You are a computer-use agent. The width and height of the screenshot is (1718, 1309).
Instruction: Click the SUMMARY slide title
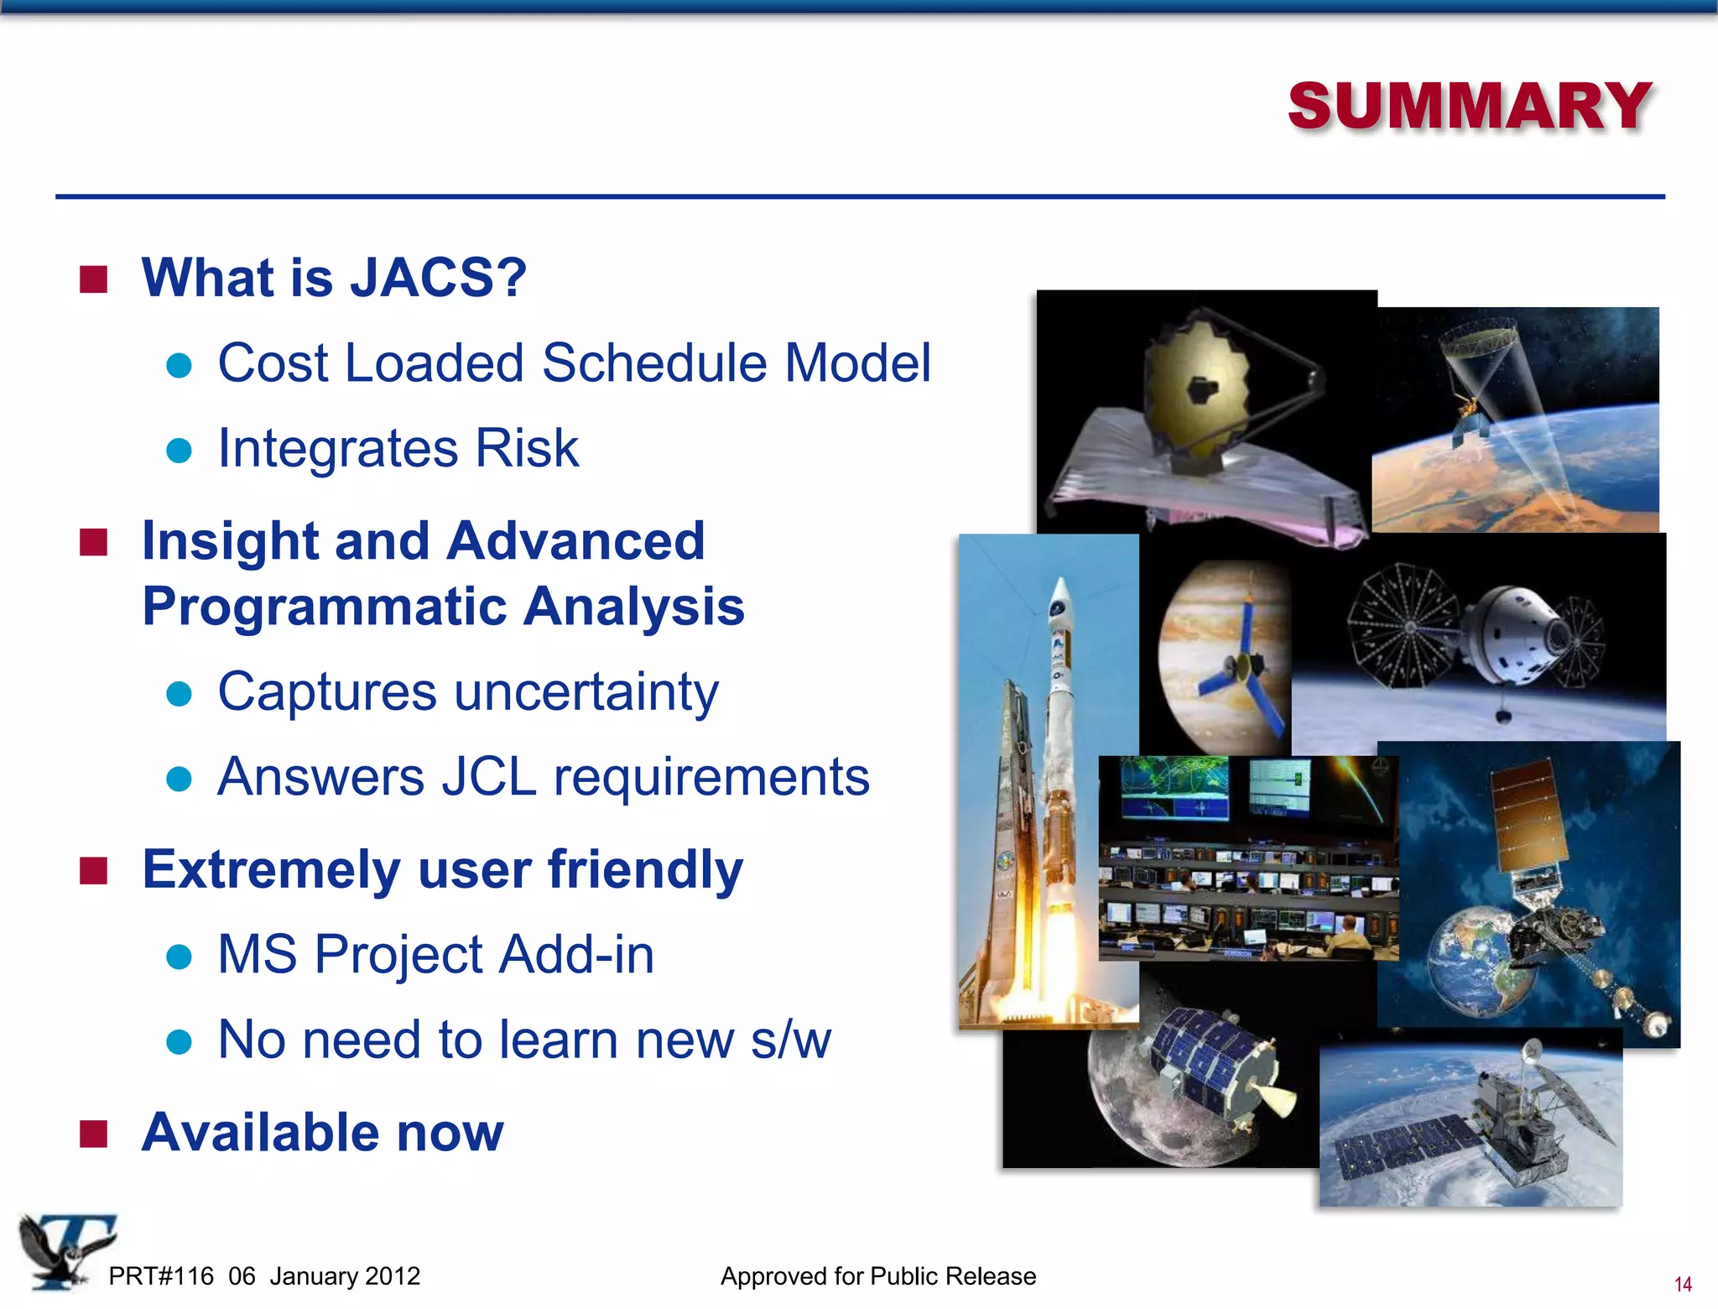pos(1470,107)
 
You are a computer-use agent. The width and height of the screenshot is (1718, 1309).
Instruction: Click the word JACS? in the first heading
pos(438,278)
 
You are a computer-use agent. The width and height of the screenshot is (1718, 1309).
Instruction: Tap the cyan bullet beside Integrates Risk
pos(180,451)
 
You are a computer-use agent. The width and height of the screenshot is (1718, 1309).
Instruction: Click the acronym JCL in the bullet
pos(488,777)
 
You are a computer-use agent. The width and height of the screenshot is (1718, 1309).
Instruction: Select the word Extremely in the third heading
pos(272,869)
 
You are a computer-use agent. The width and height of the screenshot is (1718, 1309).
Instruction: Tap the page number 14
pos(1682,1284)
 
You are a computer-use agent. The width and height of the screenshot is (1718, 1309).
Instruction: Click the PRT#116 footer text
pos(161,1276)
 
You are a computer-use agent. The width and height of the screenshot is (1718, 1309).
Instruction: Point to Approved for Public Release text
pos(878,1276)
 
